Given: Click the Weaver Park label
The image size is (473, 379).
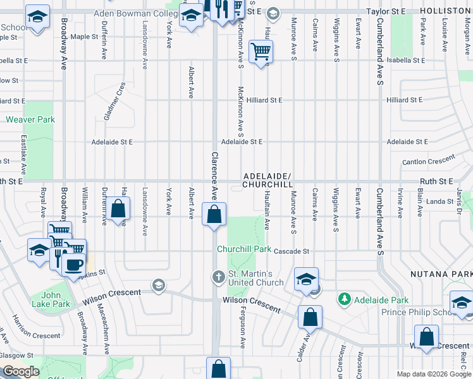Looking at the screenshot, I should pos(30,119).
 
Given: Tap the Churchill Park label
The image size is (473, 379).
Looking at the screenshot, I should pos(244,249).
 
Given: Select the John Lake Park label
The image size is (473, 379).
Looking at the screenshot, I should pos(56,299).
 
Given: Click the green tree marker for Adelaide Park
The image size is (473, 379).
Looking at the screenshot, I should pos(345,298).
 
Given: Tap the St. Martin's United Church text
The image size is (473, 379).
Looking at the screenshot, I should pos(250,278).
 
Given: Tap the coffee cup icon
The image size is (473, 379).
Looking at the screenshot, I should pos(74,263).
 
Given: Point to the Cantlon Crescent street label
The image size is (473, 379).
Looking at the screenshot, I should pos(428,162).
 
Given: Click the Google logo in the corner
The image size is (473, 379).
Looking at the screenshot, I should pos(21,371).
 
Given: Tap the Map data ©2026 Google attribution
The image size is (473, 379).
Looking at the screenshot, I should pos(434,374).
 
